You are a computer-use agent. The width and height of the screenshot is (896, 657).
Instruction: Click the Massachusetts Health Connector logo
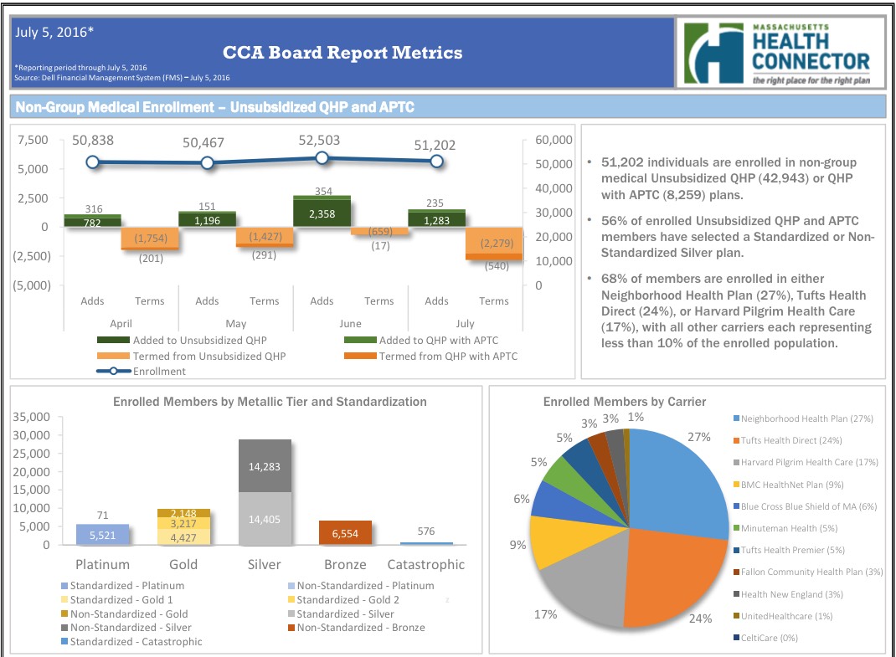pos(778,54)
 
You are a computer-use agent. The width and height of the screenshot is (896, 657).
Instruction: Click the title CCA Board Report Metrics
pos(342,53)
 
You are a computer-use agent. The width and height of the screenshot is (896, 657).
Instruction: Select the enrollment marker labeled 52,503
pos(322,157)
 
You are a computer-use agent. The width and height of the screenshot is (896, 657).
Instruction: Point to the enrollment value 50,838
pos(93,141)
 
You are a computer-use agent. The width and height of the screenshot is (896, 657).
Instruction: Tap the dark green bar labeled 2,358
pos(322,213)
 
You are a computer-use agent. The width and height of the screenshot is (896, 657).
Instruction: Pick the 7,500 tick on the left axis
pos(32,141)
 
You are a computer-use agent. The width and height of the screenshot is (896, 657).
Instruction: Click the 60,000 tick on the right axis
pos(553,140)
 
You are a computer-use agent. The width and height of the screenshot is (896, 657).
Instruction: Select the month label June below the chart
pos(350,323)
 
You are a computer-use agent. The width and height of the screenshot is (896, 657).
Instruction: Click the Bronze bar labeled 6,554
pos(345,533)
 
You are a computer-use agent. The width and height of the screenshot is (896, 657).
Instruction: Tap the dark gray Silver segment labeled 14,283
pos(265,466)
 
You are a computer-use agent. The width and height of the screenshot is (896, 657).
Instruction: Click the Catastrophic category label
pos(426,564)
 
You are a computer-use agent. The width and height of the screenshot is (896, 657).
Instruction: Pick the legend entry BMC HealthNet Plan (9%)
pos(791,484)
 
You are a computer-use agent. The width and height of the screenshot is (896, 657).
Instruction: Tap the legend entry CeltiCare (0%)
pos(769,638)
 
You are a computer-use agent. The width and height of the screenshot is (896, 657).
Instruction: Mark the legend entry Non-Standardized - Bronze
pos(360,627)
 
